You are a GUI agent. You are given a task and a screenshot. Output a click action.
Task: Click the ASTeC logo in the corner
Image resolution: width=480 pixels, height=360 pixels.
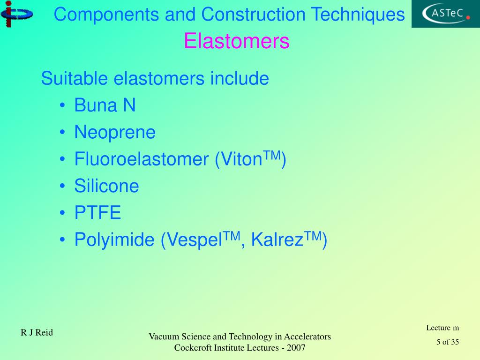(445, 14)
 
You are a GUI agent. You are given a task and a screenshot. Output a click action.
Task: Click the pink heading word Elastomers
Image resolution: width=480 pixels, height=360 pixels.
(236, 41)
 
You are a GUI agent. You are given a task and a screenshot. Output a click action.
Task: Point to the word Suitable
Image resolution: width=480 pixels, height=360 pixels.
(75, 78)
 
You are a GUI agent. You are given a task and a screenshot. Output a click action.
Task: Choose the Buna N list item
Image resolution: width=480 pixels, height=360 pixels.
(105, 105)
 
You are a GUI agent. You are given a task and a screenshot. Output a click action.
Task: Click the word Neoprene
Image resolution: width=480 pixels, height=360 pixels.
(115, 132)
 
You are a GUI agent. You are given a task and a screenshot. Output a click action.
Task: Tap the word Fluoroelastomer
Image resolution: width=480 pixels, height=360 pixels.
(141, 159)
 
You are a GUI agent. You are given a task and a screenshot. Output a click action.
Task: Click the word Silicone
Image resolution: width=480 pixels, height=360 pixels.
(107, 186)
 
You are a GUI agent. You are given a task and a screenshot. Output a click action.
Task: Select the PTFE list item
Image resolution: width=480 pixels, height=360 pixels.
(97, 213)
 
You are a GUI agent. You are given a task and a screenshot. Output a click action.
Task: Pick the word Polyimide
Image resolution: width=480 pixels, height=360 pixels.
(114, 240)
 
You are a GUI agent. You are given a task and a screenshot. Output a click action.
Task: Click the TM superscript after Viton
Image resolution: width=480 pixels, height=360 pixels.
(271, 155)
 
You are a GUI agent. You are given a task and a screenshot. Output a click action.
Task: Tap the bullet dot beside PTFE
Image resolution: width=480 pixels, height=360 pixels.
(63, 214)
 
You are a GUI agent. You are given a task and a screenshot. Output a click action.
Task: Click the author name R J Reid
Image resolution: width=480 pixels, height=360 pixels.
(37, 333)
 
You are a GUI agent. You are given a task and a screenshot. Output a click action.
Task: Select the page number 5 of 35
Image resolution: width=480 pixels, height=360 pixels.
(447, 342)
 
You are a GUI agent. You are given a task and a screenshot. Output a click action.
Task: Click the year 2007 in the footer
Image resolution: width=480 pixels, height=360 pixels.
(297, 348)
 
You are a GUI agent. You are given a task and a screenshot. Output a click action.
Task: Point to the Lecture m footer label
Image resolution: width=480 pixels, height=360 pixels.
(442, 328)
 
